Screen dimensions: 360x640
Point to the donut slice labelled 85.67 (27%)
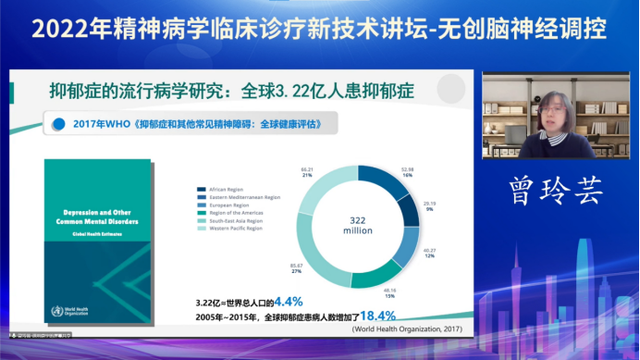(x=310, y=248)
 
